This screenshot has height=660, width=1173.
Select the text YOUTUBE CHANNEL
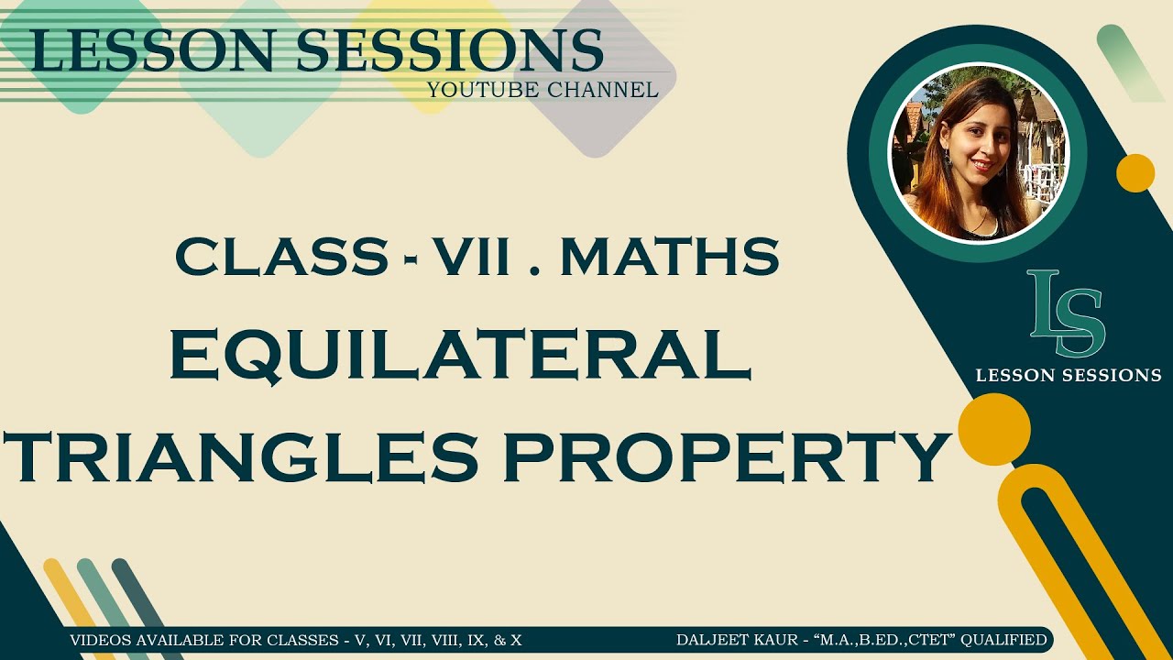543,89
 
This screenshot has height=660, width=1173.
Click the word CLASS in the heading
281,258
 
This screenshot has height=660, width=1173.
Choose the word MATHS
670,258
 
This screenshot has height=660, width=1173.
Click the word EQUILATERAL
460,357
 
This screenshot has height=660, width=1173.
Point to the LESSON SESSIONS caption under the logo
1069,375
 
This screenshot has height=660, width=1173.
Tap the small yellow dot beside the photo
1135,173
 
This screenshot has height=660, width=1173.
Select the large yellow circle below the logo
994,428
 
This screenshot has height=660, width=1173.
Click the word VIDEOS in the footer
98,640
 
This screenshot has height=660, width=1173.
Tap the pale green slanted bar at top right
1130,62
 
